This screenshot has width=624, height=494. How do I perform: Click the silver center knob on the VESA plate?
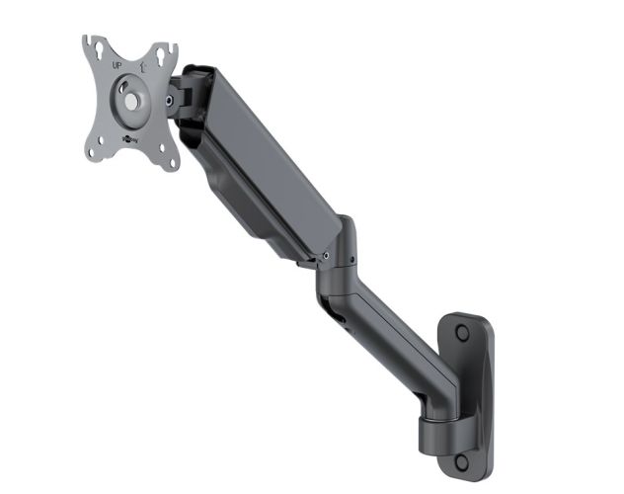click(130, 100)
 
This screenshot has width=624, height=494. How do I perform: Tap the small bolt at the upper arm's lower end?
click(326, 255)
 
